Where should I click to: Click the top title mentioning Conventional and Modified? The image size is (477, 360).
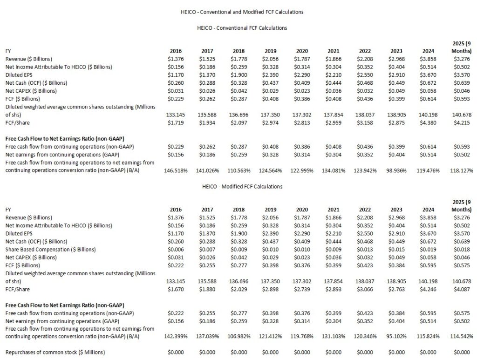241,12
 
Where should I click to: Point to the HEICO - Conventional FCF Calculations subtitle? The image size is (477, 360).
241,28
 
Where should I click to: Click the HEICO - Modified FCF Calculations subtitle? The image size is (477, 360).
241,186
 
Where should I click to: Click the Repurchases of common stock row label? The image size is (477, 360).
55,352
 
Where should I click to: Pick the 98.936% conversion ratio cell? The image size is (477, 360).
398,170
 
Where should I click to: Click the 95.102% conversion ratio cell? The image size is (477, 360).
398,336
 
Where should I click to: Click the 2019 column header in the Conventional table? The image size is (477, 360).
271,51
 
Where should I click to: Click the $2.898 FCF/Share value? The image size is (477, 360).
271,289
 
